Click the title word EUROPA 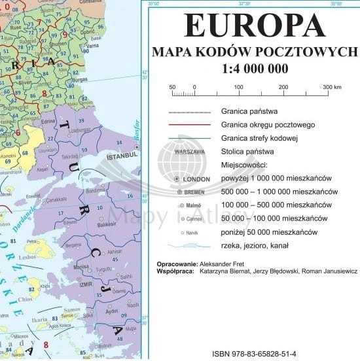pos(254,26)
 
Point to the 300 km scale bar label pos(332,86)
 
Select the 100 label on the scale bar pos(239,86)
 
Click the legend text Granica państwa pos(249,111)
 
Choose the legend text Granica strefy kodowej pos(260,137)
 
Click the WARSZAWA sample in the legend pos(190,152)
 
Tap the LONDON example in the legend pos(196,179)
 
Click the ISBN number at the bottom pos(255,353)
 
